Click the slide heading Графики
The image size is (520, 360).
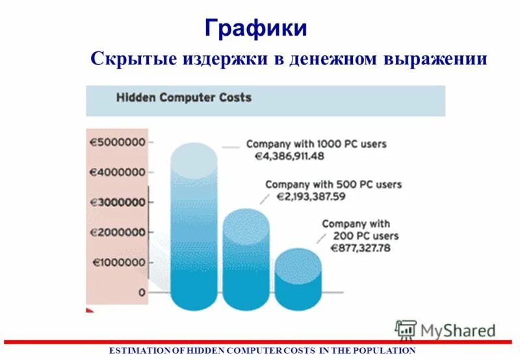(x=255, y=28)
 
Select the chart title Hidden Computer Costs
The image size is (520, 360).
(x=183, y=97)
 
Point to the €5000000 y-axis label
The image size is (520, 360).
(x=118, y=142)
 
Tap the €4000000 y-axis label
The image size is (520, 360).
(x=118, y=172)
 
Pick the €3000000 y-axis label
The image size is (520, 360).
(x=118, y=202)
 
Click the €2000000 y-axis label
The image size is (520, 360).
(x=118, y=232)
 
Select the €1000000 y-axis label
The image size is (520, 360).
(x=118, y=263)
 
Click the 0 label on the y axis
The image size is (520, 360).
(x=142, y=293)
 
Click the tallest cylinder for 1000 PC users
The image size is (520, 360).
(x=194, y=227)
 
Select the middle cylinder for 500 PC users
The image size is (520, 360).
(x=246, y=260)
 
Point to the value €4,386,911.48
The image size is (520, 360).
(x=289, y=156)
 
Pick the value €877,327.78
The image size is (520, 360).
(x=364, y=248)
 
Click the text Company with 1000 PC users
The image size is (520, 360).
(x=316, y=144)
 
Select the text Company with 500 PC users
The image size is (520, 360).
(x=333, y=185)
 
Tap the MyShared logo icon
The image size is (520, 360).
(x=406, y=329)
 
